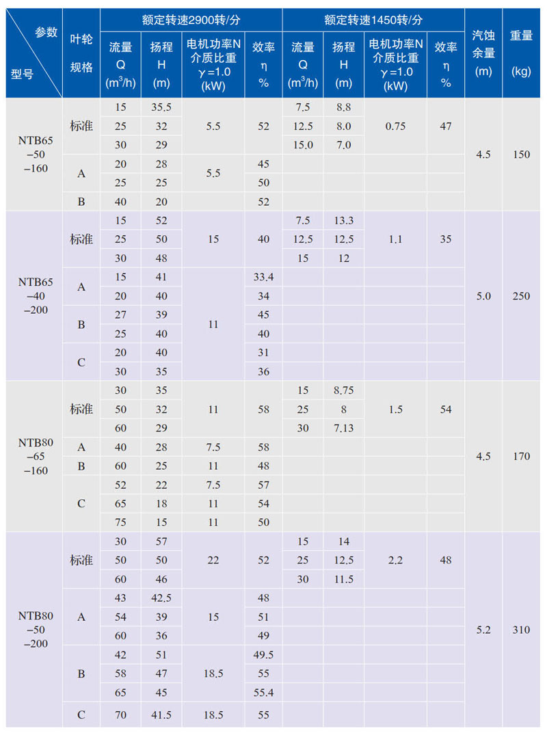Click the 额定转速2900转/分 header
pos(191,20)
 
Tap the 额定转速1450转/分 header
pos(373,20)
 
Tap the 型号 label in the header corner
pos(23,74)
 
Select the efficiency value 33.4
pos(264,277)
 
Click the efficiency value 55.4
pos(264,693)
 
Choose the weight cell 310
pos(521,630)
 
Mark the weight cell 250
pos(521,296)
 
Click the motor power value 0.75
pos(395,126)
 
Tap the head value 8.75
pos(344,390)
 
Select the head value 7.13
pos(344,428)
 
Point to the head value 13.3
pos(344,220)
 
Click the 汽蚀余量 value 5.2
pos(483,630)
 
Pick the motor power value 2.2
pos(395,560)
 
